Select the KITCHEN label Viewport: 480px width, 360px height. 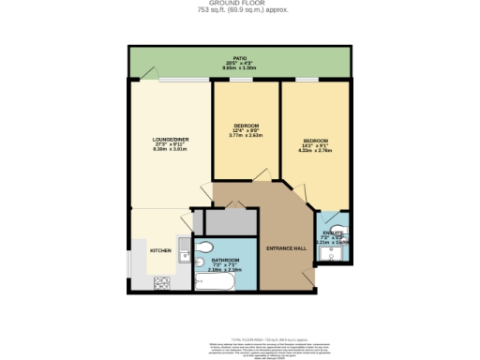(x=159, y=251)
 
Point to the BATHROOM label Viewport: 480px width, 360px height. (x=225, y=260)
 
